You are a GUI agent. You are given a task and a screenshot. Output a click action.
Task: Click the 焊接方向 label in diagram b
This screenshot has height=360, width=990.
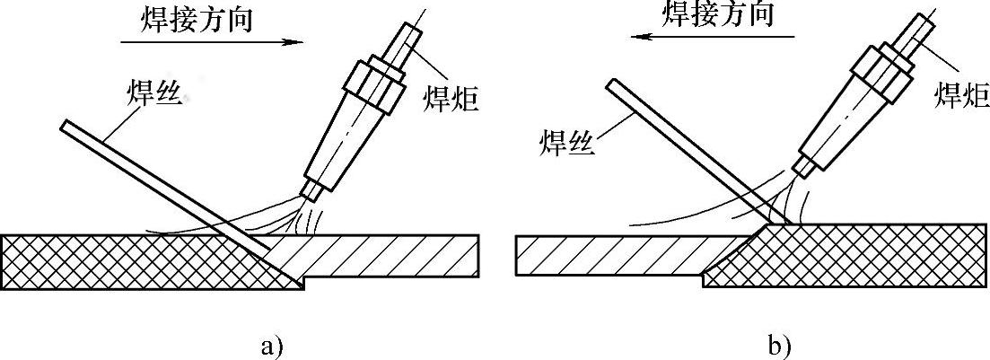(x=717, y=13)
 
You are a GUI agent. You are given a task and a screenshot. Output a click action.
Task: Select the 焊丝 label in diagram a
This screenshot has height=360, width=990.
(x=153, y=92)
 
